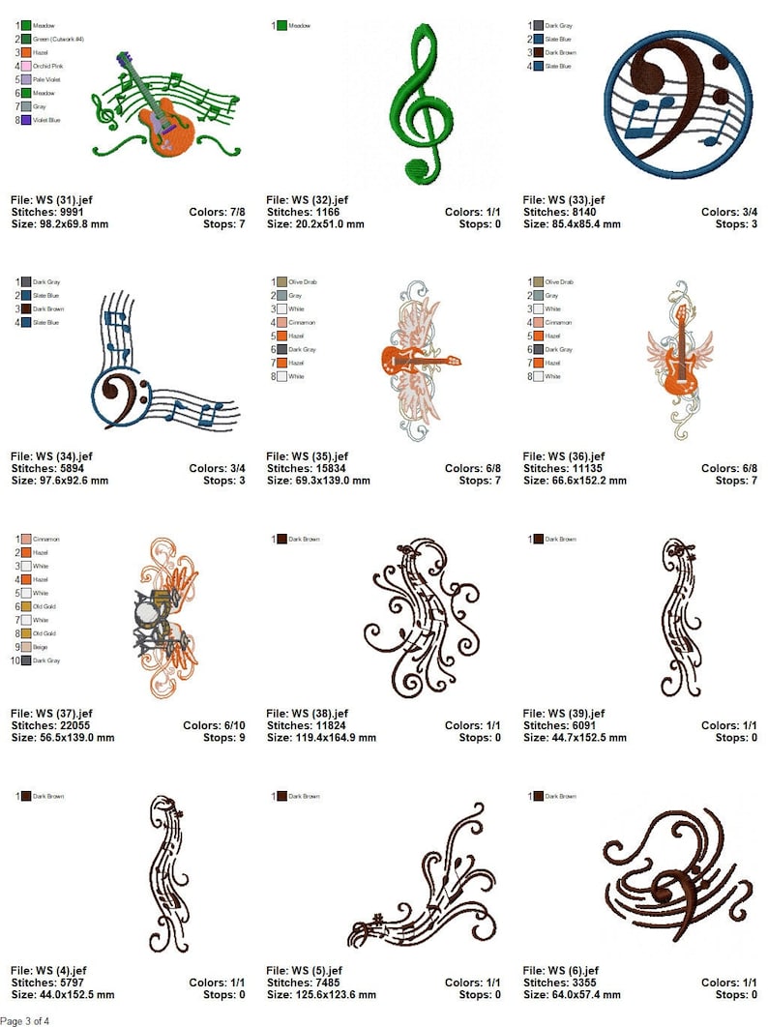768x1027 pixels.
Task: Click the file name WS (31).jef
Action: pos(51,199)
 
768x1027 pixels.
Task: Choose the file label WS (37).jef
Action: pos(51,713)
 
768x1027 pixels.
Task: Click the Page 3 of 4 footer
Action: pos(25,1020)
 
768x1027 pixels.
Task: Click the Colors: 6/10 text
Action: pos(214,725)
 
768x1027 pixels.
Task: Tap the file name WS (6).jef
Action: pos(561,970)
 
